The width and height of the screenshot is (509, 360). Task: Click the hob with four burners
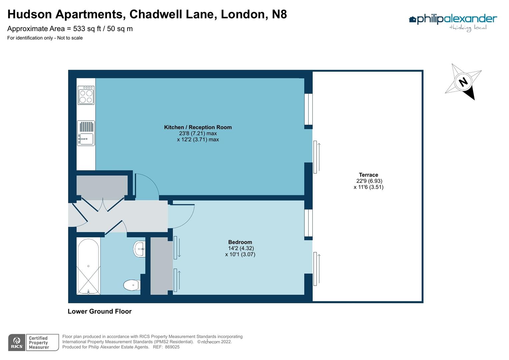tap(86, 95)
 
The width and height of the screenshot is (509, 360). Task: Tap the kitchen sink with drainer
tap(86, 133)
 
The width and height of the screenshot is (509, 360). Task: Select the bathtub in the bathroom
tap(88, 266)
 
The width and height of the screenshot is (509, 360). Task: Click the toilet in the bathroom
tap(131, 285)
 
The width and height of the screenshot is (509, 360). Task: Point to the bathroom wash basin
tap(140, 249)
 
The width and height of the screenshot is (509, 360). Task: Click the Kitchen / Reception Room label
tap(198, 127)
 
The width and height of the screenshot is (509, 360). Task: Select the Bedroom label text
tap(240, 242)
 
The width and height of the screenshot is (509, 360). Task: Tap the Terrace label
tap(368, 175)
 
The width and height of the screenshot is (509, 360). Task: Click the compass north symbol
tap(463, 82)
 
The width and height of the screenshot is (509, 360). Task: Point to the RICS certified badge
tap(33, 343)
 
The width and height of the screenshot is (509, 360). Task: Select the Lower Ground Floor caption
tap(100, 311)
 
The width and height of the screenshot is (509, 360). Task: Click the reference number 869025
tap(172, 347)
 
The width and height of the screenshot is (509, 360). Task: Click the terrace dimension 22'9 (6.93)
tap(369, 181)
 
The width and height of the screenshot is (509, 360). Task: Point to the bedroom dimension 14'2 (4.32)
tap(241, 248)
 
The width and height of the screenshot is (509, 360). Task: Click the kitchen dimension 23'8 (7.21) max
tap(198, 133)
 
